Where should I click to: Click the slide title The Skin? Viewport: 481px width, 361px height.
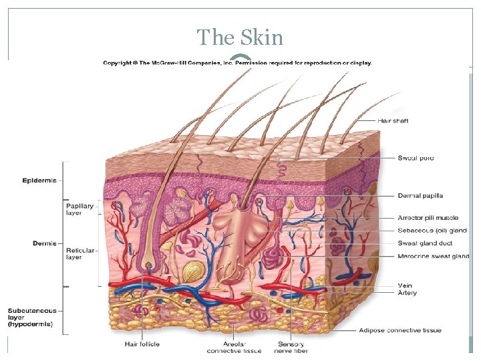pyautogui.click(x=240, y=37)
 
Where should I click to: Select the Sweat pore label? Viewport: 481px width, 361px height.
pyautogui.click(x=416, y=158)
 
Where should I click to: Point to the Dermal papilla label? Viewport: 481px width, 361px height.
pyautogui.click(x=420, y=196)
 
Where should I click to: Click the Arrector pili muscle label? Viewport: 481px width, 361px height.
pyautogui.click(x=428, y=218)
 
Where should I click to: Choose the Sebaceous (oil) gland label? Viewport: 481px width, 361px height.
pyautogui.click(x=432, y=231)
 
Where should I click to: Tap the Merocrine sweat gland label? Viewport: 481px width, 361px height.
pyautogui.click(x=433, y=256)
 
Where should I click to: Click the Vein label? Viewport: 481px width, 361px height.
pyautogui.click(x=405, y=285)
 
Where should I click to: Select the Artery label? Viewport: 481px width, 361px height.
pyautogui.click(x=407, y=293)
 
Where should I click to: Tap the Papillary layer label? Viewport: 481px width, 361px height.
pyautogui.click(x=79, y=209)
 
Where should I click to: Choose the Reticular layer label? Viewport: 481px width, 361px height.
pyautogui.click(x=79, y=254)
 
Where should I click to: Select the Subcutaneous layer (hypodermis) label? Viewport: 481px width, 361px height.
pyautogui.click(x=32, y=318)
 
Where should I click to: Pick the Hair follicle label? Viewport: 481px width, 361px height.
pyautogui.click(x=142, y=345)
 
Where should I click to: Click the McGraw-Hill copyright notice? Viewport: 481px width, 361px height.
pyautogui.click(x=237, y=64)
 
